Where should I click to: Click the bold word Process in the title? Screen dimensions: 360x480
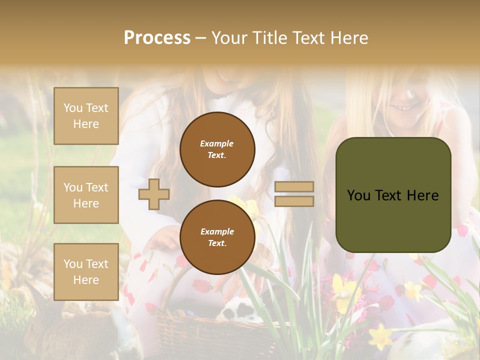point(157,37)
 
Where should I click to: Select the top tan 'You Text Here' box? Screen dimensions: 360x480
point(86,116)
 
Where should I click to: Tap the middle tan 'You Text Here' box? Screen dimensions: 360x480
point(86,195)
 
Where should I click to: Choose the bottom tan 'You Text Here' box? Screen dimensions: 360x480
point(86,272)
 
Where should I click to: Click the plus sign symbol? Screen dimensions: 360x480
point(154,194)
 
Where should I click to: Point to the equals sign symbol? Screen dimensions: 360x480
point(294,194)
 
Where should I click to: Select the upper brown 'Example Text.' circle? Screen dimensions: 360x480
point(217,149)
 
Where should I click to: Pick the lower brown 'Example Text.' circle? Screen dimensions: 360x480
point(217,237)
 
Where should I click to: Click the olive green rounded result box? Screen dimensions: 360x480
point(393,195)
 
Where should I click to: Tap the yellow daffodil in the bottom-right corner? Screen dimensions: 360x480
point(381,336)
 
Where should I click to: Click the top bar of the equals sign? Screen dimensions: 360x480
point(294,186)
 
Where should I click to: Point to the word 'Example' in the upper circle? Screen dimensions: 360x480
point(216,143)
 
